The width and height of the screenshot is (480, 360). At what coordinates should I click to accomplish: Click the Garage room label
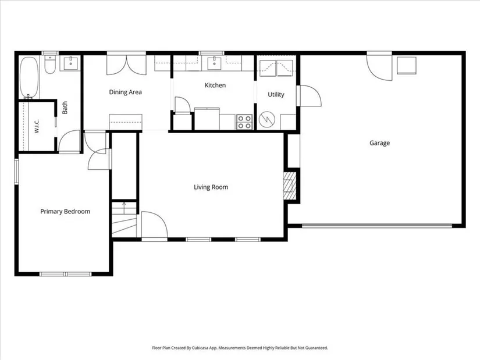coord(379,143)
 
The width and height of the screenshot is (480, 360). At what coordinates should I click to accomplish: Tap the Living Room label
coord(211,187)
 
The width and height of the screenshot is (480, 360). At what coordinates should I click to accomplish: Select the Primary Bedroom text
coord(65,212)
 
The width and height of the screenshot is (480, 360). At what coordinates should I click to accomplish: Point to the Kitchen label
coord(215,85)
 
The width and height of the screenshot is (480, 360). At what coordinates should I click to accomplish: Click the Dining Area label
coord(126,92)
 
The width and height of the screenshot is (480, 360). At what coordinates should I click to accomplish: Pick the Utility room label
coord(276,95)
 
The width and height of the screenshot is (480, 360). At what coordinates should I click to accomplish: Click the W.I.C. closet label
coord(37,126)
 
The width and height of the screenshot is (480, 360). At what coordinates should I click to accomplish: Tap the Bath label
coord(65,108)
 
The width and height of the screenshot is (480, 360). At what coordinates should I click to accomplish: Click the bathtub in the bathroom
coord(29,78)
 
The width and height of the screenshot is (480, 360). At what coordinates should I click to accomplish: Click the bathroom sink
coord(71,63)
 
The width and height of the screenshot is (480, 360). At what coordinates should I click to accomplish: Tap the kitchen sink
coord(214,63)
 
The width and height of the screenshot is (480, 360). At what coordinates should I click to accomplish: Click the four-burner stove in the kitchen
coord(244,122)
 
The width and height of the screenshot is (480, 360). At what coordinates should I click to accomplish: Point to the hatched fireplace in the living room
coord(289,186)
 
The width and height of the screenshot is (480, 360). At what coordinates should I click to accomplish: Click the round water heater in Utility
coord(266,119)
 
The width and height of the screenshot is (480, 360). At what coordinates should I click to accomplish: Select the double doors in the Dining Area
coord(126,65)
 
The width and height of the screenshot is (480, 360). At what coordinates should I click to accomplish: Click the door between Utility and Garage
coord(309,96)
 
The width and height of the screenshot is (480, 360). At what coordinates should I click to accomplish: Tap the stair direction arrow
coord(124,208)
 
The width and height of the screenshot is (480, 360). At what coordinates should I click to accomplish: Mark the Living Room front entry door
coord(154,225)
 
